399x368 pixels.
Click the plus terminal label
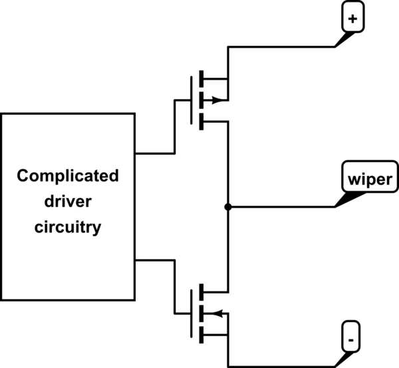(x=352, y=20)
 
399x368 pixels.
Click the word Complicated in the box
(x=68, y=177)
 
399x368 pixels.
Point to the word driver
(x=68, y=202)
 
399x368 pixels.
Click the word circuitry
(x=68, y=227)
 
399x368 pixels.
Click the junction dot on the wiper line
(x=228, y=207)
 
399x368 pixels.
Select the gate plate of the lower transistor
(x=193, y=312)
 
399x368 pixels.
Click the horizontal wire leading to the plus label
(x=279, y=47)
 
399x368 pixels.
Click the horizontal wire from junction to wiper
(x=279, y=207)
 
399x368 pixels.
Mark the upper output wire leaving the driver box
(x=154, y=153)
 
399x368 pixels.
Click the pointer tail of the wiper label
(x=345, y=199)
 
